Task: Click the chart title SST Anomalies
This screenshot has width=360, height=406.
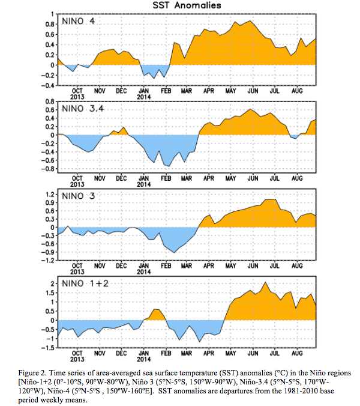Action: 187,5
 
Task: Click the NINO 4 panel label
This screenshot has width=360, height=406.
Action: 78,21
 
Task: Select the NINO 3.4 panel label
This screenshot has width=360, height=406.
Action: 83,109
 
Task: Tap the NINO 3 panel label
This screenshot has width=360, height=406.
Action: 78,196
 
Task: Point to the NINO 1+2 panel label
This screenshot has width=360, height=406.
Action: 85,283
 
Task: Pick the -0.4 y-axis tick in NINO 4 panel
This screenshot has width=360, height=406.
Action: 48,85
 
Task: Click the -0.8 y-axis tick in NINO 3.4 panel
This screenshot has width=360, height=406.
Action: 48,169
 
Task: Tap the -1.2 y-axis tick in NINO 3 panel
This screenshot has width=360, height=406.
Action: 48,260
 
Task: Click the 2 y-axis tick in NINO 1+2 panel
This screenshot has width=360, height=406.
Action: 53,284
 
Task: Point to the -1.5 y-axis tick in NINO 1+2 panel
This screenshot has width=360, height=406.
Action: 48,348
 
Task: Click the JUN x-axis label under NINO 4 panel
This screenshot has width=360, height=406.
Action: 253,91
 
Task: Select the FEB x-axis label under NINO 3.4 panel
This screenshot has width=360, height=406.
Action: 166,178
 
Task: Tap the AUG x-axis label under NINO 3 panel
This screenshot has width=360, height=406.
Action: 297,265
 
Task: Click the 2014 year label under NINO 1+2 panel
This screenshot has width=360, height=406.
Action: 143,359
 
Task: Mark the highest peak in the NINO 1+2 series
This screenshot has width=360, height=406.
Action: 265,282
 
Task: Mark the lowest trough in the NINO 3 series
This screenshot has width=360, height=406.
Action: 174,252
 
